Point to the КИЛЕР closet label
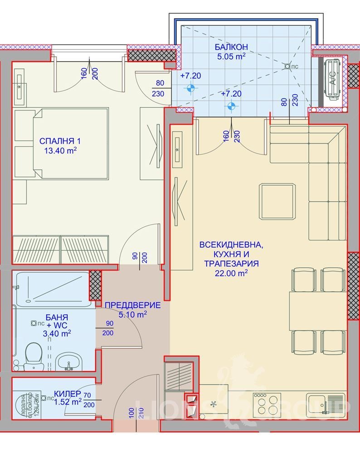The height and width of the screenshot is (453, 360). (68, 393)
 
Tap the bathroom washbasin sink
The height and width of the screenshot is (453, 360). (69, 362)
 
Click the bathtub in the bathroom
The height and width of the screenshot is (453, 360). (51, 287)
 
